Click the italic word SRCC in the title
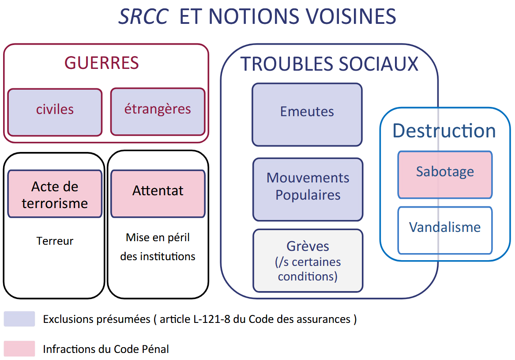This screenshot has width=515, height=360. pos(143,16)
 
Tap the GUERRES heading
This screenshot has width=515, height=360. pos(101,63)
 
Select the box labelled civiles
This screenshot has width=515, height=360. pos(55,112)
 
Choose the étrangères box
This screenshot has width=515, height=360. pos(158,111)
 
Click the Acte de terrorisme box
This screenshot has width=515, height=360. pos(55,193)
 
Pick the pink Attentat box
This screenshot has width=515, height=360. pos(158,193)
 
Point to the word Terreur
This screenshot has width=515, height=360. pos(55,241)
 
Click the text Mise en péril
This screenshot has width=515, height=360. pos(158,237)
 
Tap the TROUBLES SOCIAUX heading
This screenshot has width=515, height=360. pos(329,64)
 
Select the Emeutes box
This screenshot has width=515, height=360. pos(307,114)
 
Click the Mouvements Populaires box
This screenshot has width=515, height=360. pos(308,189)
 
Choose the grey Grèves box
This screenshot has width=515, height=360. pos(308,260)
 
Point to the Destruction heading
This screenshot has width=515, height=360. pos(444,130)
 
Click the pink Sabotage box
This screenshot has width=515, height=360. pos(445,174)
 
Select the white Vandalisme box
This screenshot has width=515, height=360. pos(445,230)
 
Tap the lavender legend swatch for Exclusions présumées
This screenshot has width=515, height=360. pos(19,319)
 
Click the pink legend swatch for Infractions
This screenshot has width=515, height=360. pos(19,349)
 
